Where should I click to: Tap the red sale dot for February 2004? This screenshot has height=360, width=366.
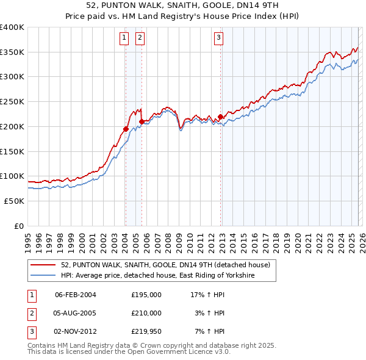126,129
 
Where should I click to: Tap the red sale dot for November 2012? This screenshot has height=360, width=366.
220,117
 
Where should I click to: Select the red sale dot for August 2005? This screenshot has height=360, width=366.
142,121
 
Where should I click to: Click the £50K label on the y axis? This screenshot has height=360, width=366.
14,201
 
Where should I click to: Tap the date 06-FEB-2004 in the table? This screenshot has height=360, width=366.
76,295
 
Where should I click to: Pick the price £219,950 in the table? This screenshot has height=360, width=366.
146,331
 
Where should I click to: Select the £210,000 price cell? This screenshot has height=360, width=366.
146,313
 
